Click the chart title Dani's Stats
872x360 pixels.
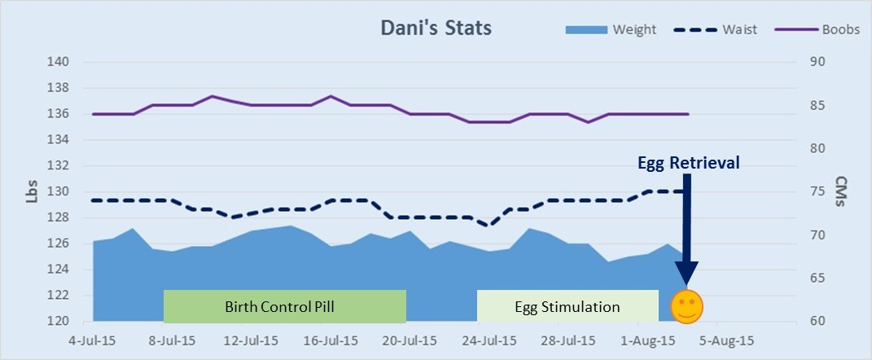pos(436,28)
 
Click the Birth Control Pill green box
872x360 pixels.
pos(284,306)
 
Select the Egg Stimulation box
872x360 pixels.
pos(567,306)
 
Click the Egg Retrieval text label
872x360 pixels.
pos(688,163)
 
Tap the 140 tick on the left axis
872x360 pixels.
pos(59,62)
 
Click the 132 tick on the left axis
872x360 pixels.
pos(59,166)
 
